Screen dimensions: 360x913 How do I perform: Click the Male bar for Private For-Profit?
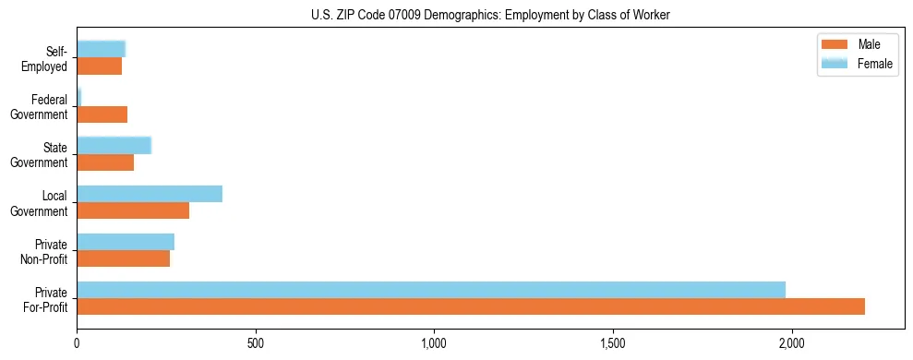(471, 306)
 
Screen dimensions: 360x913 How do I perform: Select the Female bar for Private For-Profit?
(431, 290)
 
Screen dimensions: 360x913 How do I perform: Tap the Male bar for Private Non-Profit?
(124, 258)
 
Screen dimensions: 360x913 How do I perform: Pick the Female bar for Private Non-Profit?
(126, 242)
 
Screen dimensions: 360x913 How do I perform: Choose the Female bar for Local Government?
(150, 194)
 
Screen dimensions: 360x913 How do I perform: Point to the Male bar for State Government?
(105, 162)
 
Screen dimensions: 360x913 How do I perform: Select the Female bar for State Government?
(114, 146)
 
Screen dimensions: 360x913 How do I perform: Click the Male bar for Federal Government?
(102, 114)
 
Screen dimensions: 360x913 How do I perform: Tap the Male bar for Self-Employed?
(100, 66)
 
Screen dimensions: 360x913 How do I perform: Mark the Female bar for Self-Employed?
(101, 50)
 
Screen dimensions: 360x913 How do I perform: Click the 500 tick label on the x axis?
(256, 343)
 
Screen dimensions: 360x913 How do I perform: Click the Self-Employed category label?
(45, 59)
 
